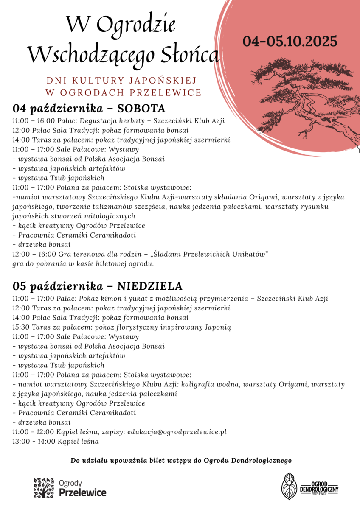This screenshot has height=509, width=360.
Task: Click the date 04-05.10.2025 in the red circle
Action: coord(290,42)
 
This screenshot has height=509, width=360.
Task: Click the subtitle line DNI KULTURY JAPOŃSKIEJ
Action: coord(122,80)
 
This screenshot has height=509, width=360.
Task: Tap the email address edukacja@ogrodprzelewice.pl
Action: coord(177,432)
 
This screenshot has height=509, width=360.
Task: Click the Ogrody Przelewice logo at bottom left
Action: coord(70,487)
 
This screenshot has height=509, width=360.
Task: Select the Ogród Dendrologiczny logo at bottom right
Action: coord(310,486)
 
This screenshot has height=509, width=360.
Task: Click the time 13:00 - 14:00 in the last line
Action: coord(34,442)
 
